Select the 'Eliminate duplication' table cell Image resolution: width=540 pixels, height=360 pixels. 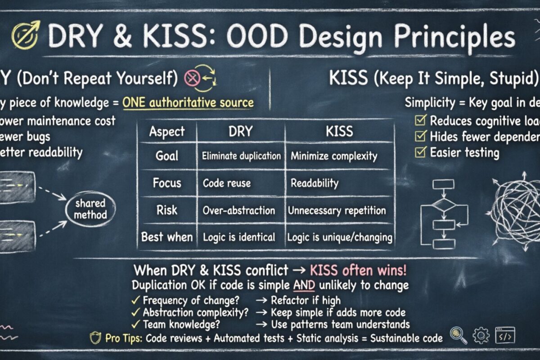(241, 156)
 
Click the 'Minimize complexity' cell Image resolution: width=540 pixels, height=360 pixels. (334, 156)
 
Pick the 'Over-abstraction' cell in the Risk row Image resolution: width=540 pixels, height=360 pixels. (238, 210)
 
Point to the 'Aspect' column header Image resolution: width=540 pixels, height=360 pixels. (167, 131)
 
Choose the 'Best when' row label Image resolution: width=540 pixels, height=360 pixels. (167, 237)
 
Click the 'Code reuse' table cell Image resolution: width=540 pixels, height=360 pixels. (227, 183)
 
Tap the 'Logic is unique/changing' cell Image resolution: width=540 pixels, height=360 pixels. (340, 237)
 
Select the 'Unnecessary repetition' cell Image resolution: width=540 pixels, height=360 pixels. (337, 210)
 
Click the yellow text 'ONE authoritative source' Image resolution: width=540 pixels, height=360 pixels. (188, 102)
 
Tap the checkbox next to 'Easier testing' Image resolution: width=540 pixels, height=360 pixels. (420, 152)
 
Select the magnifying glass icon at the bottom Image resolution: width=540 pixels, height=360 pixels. (459, 335)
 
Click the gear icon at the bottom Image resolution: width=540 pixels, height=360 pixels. (481, 335)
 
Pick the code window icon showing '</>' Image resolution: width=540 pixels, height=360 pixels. (505, 335)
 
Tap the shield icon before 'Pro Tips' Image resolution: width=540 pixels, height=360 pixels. (95, 338)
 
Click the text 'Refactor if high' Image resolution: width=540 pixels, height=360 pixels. (306, 300)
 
